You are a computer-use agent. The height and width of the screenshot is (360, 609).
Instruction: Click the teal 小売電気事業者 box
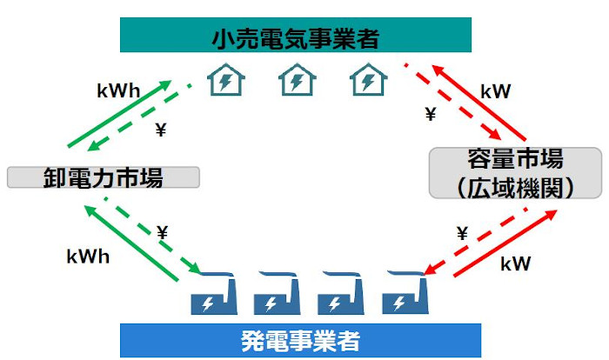pos(296,37)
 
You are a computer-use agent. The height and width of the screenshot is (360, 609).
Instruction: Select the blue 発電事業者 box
pos(300,340)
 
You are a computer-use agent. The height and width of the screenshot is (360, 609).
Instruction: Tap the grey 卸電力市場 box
pos(104,177)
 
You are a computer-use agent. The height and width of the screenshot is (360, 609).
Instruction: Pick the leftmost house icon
pos(226,82)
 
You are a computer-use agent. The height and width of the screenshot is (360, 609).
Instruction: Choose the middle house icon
pos(296,82)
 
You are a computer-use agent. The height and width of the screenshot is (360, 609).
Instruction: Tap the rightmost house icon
pos(367,82)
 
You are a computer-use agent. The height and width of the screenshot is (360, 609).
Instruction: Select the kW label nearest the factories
pos(516,263)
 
